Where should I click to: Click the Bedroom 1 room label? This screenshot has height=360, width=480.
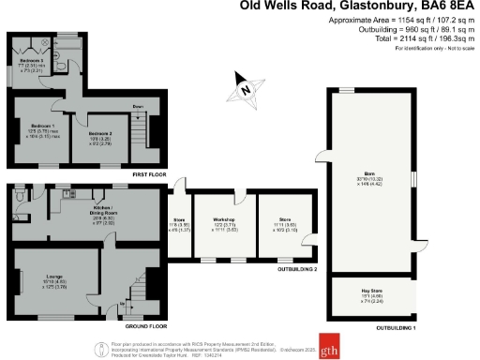tap(41, 125)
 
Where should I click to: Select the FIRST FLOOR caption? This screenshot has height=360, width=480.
tap(148, 174)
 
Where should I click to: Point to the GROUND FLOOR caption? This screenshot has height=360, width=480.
tap(146, 326)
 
